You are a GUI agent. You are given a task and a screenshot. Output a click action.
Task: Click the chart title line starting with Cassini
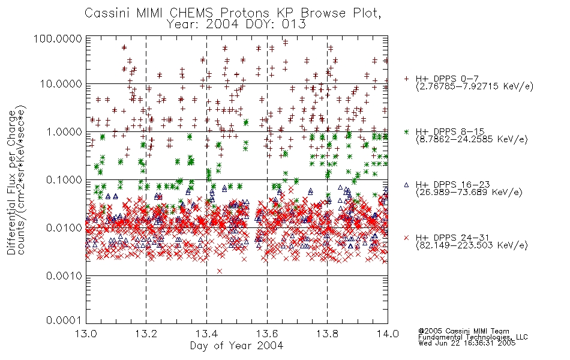[x=233, y=13]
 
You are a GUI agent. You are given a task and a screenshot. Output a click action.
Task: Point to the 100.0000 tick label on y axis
[x=58, y=38]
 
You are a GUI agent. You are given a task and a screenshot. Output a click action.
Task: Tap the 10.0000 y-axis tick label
[x=61, y=84]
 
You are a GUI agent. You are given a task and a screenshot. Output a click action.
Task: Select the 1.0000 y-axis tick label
[x=64, y=132]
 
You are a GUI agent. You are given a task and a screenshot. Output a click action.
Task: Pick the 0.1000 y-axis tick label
[x=64, y=180]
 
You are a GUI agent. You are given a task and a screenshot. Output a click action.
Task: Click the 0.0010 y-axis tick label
[x=64, y=276]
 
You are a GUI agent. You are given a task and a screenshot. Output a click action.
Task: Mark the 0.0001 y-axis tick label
[x=64, y=320]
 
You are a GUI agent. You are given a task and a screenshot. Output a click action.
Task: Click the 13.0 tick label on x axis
[x=86, y=334]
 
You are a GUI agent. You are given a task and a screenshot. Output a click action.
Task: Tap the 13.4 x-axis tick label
[x=206, y=334]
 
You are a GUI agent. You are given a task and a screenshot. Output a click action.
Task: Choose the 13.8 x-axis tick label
[x=327, y=334]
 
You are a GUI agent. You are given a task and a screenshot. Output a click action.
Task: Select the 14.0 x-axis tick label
[x=388, y=334]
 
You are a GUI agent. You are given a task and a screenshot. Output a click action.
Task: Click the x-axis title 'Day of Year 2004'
[x=236, y=346]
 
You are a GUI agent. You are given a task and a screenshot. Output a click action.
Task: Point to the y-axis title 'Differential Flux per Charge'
[x=11, y=182]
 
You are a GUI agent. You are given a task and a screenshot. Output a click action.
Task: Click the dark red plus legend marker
[x=406, y=79]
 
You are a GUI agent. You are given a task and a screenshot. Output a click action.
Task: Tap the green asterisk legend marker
[x=406, y=131]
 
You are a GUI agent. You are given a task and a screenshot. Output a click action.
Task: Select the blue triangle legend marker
[x=406, y=185]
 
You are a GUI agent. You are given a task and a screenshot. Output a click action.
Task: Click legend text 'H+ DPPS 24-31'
[x=452, y=238]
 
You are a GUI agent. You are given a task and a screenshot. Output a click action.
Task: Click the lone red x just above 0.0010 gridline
[x=220, y=271]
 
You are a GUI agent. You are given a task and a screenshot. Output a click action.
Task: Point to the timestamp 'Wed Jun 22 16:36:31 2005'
[x=467, y=343]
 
